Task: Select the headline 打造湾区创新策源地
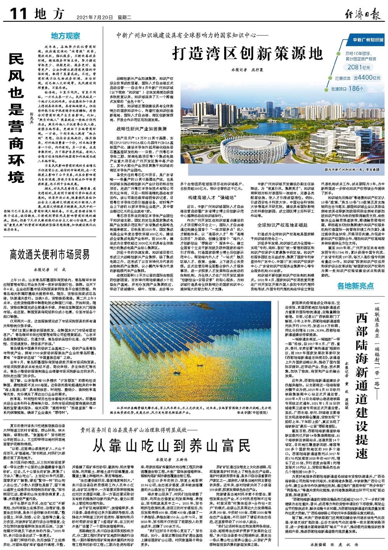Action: tap(247, 52)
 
